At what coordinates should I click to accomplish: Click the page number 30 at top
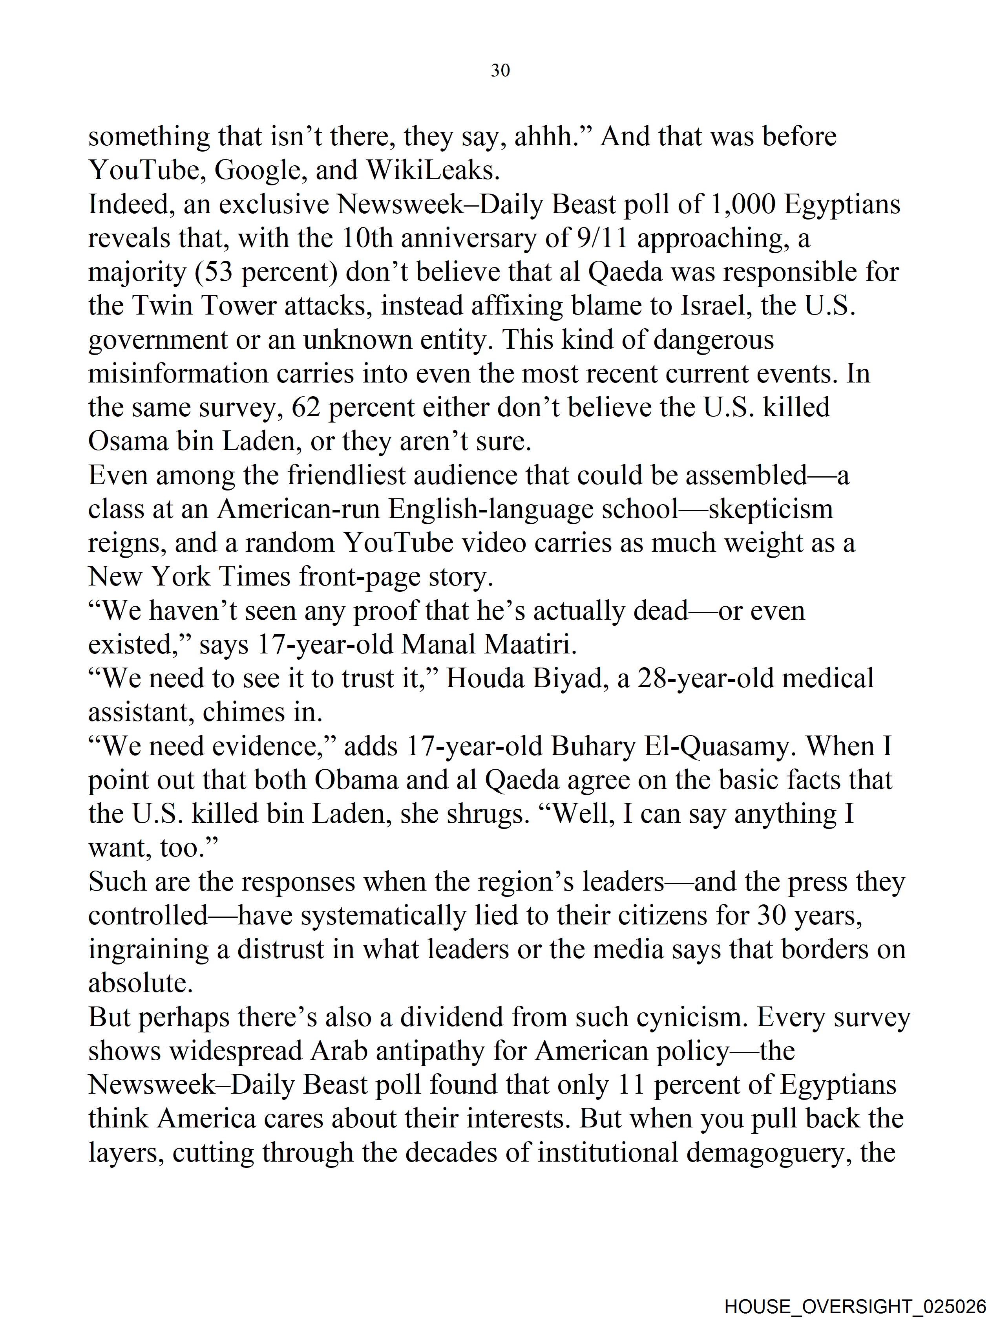tap(500, 71)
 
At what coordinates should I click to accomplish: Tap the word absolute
tap(141, 983)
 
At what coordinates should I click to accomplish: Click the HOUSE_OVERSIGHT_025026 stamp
tap(855, 1306)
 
